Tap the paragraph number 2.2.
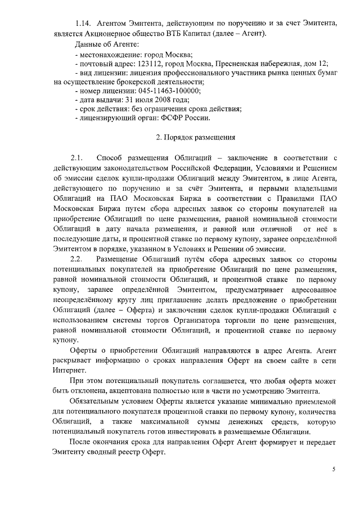tap(76, 259)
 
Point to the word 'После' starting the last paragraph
tap(82, 443)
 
